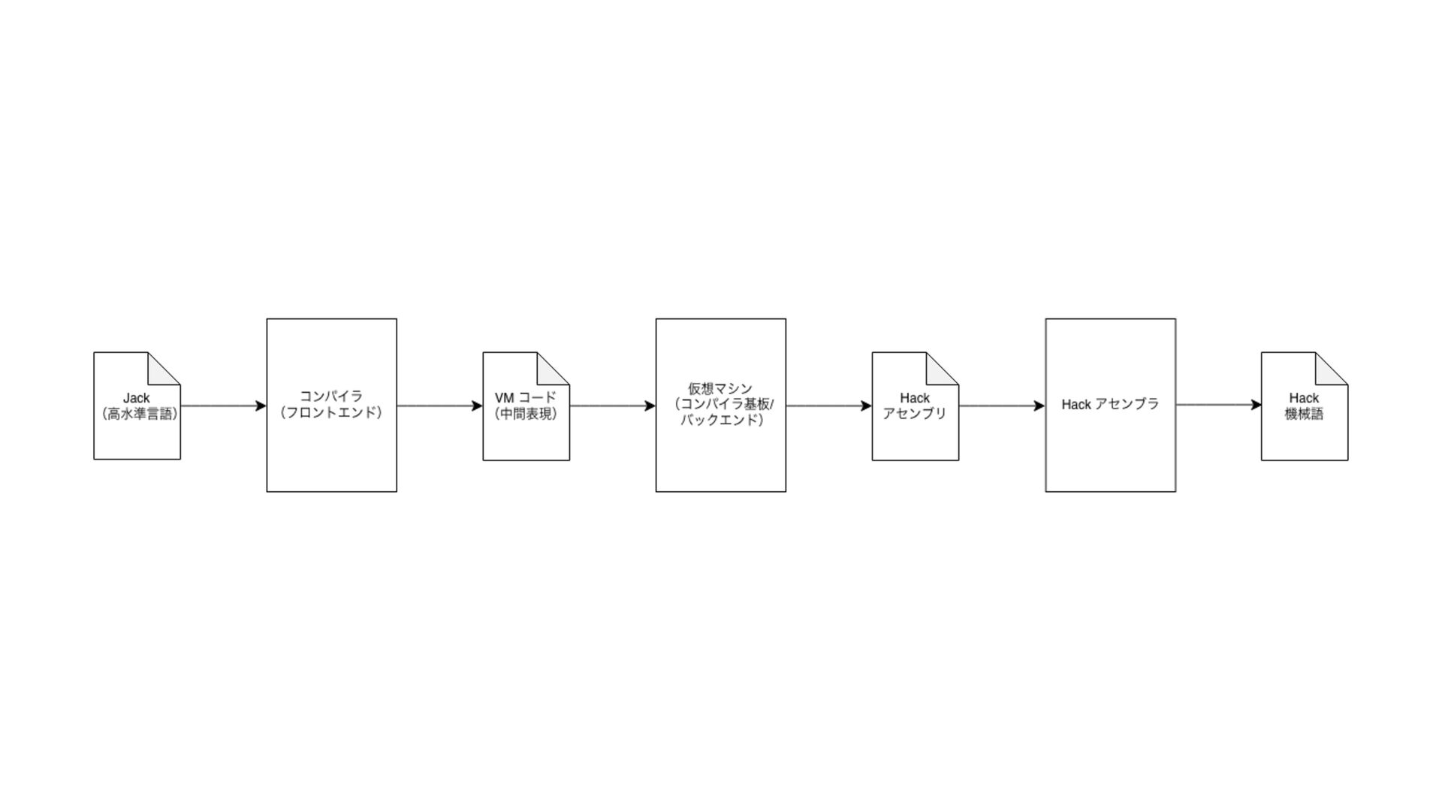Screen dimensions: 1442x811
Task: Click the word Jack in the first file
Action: coord(136,398)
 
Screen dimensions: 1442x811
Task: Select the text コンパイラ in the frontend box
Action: coord(331,396)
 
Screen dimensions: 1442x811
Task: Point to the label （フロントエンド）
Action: coord(331,412)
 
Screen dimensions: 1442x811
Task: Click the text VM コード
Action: coord(525,398)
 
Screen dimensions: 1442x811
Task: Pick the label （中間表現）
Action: coord(526,414)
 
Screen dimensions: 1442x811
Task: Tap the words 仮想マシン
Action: coord(719,388)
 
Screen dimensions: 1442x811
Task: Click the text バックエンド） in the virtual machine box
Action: coord(722,420)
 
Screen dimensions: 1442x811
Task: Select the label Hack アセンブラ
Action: coord(1109,404)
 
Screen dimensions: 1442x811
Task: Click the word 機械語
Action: coord(1304,414)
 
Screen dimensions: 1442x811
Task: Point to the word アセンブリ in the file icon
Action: coord(914,414)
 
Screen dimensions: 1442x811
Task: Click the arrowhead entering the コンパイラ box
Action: coord(261,406)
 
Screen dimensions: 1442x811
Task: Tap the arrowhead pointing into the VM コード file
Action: coord(477,406)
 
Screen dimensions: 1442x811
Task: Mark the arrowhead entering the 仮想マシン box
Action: coord(650,406)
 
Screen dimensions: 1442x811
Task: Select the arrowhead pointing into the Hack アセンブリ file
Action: coord(866,406)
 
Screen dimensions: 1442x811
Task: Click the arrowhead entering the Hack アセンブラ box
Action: coord(1039,406)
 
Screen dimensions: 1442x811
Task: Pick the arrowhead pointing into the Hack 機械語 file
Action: coord(1256,405)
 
